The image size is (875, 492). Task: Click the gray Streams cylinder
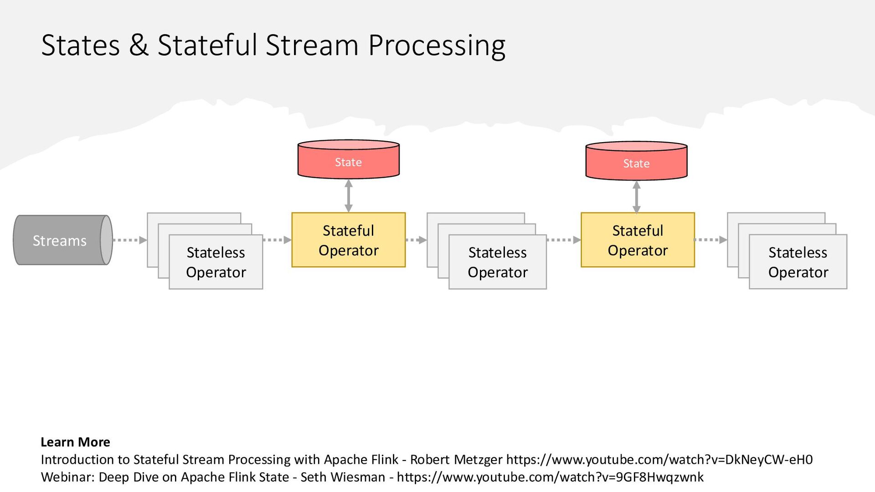pos(63,240)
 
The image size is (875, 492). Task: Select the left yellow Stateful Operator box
pos(349,240)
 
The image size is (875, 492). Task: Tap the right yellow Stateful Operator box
pos(638,240)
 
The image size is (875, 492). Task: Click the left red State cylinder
pos(349,159)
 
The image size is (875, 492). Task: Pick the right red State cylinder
pos(636,160)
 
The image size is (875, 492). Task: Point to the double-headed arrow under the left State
pos(349,195)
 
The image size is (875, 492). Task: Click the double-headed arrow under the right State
pos(637,197)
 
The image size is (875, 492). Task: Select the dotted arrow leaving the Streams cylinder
pos(130,240)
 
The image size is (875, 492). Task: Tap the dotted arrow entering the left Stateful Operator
pos(277,240)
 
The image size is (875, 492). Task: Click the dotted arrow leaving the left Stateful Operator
pos(416,240)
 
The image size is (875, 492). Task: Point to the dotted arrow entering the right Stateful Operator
pos(564,240)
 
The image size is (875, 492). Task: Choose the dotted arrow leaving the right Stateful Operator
pos(711,240)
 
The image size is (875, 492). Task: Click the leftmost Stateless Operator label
pos(216,262)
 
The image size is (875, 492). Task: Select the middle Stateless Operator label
pos(498,262)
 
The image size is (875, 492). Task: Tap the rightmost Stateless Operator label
pos(798,262)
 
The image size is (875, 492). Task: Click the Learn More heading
pos(75,442)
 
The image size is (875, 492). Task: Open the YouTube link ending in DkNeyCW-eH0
pos(659,460)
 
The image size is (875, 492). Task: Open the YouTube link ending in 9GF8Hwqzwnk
pos(550,477)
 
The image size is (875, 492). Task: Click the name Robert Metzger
pos(456,460)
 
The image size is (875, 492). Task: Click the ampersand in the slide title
pos(139,45)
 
